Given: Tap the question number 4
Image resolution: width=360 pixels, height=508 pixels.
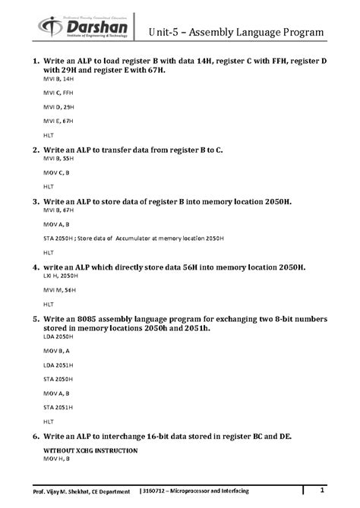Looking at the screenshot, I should pyautogui.click(x=36, y=268).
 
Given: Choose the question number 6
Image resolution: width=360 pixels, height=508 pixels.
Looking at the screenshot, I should pyautogui.click(x=36, y=437).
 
